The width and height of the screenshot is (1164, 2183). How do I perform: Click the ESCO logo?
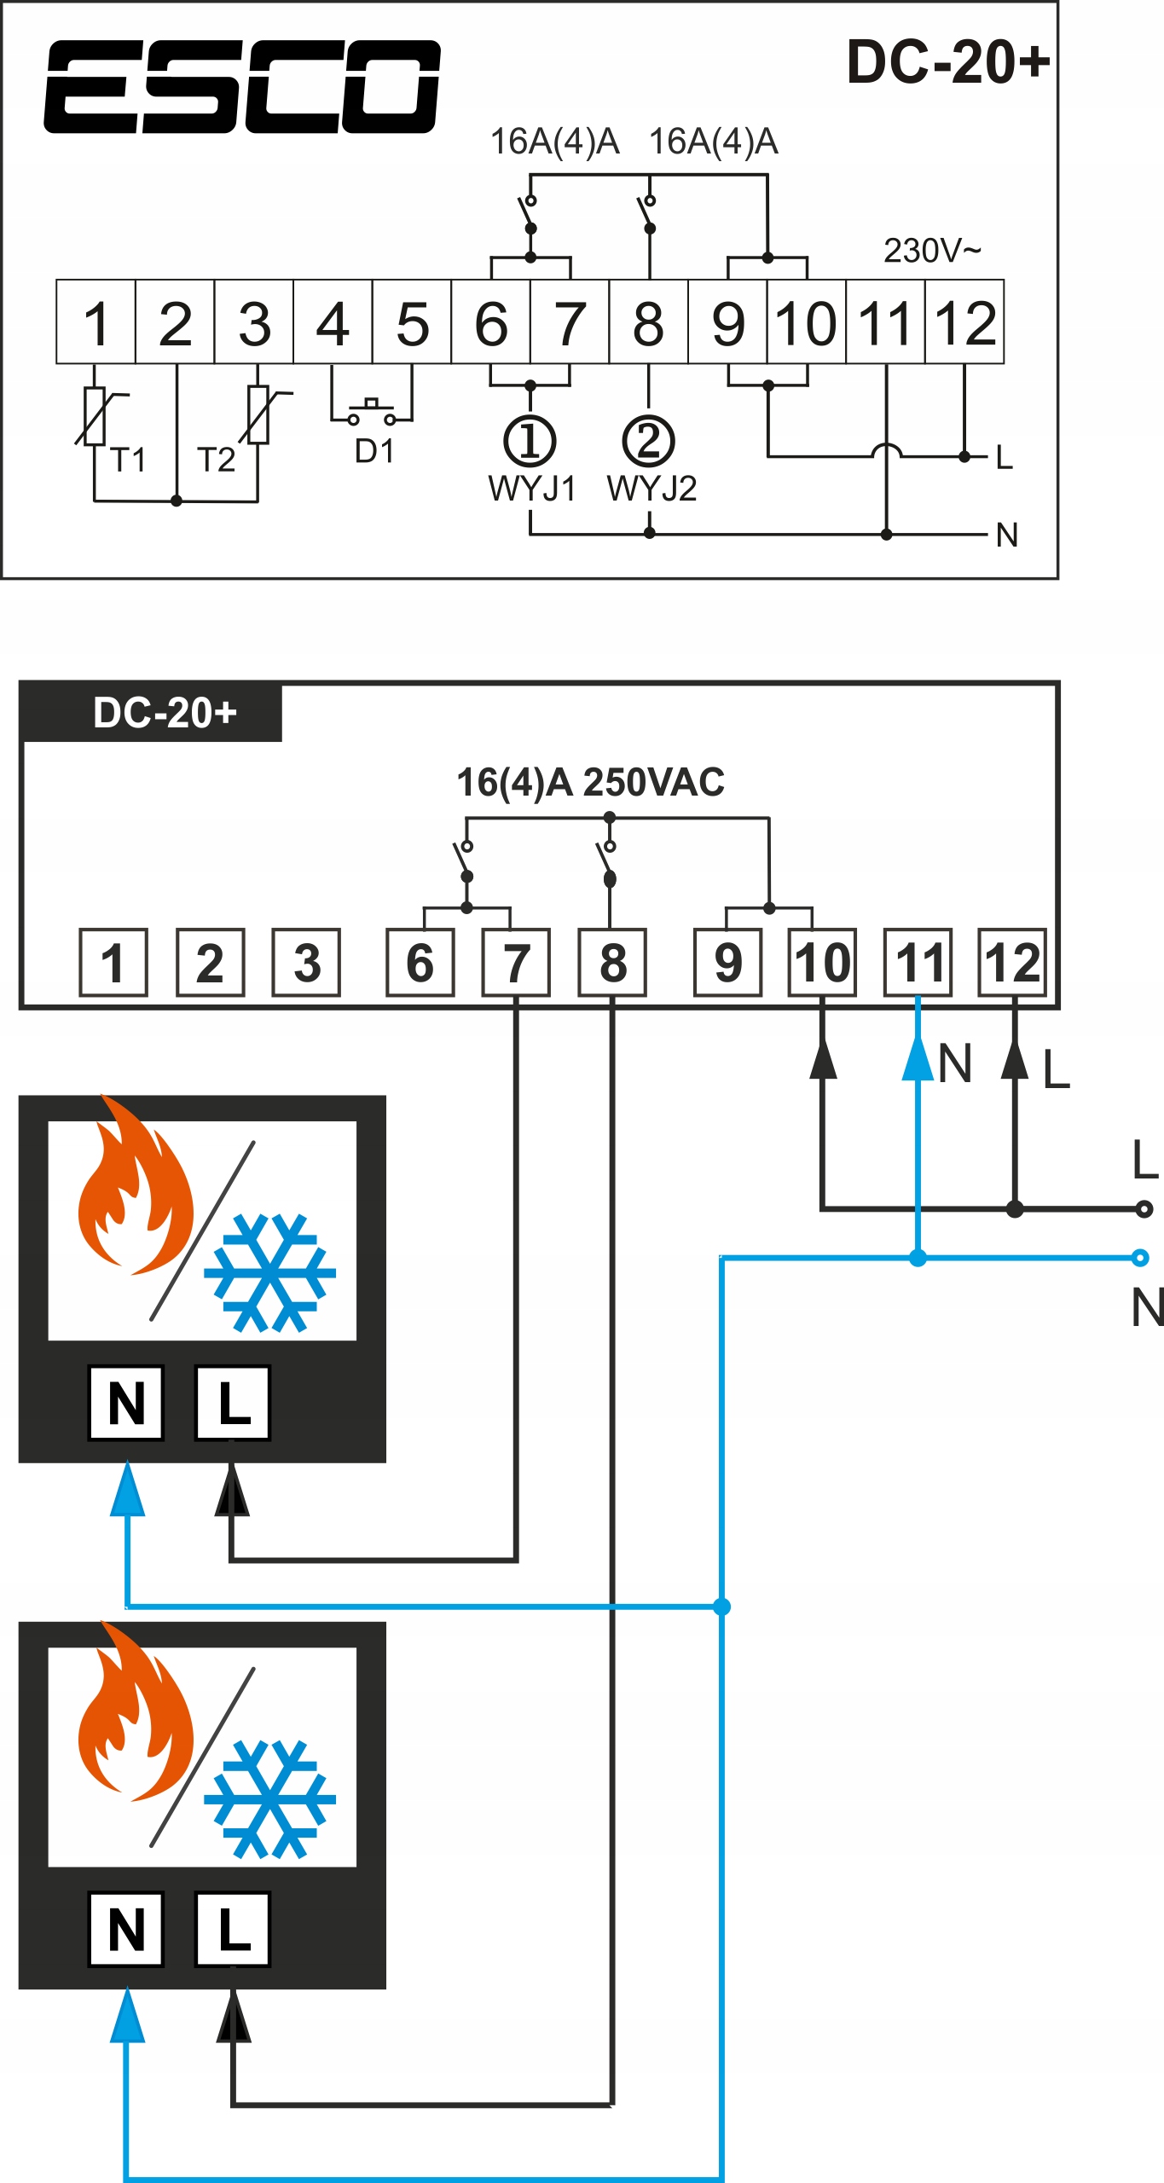(242, 86)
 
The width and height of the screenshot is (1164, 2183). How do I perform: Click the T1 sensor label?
(128, 460)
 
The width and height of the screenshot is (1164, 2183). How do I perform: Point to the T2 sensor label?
(216, 460)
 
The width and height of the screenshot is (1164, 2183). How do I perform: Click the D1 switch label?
(374, 451)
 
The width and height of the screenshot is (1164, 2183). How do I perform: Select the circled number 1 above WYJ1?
(530, 441)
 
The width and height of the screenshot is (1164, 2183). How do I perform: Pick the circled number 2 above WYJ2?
(648, 441)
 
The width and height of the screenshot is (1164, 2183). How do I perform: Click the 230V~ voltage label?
(932, 251)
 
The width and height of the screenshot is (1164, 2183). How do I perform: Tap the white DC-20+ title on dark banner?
(165, 713)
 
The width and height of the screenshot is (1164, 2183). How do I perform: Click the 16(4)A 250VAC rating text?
(590, 782)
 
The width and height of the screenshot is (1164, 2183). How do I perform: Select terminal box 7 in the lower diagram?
(516, 963)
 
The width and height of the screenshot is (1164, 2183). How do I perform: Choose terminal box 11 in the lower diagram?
(918, 963)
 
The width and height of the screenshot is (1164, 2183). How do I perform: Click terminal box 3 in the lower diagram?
(306, 963)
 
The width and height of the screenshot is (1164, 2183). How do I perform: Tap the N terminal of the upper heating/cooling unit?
(126, 1404)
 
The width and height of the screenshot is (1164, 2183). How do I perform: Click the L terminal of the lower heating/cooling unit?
(233, 1930)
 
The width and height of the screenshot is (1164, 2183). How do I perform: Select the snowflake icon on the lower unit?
(269, 1799)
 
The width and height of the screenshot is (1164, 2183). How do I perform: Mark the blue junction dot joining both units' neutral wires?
(722, 1607)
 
